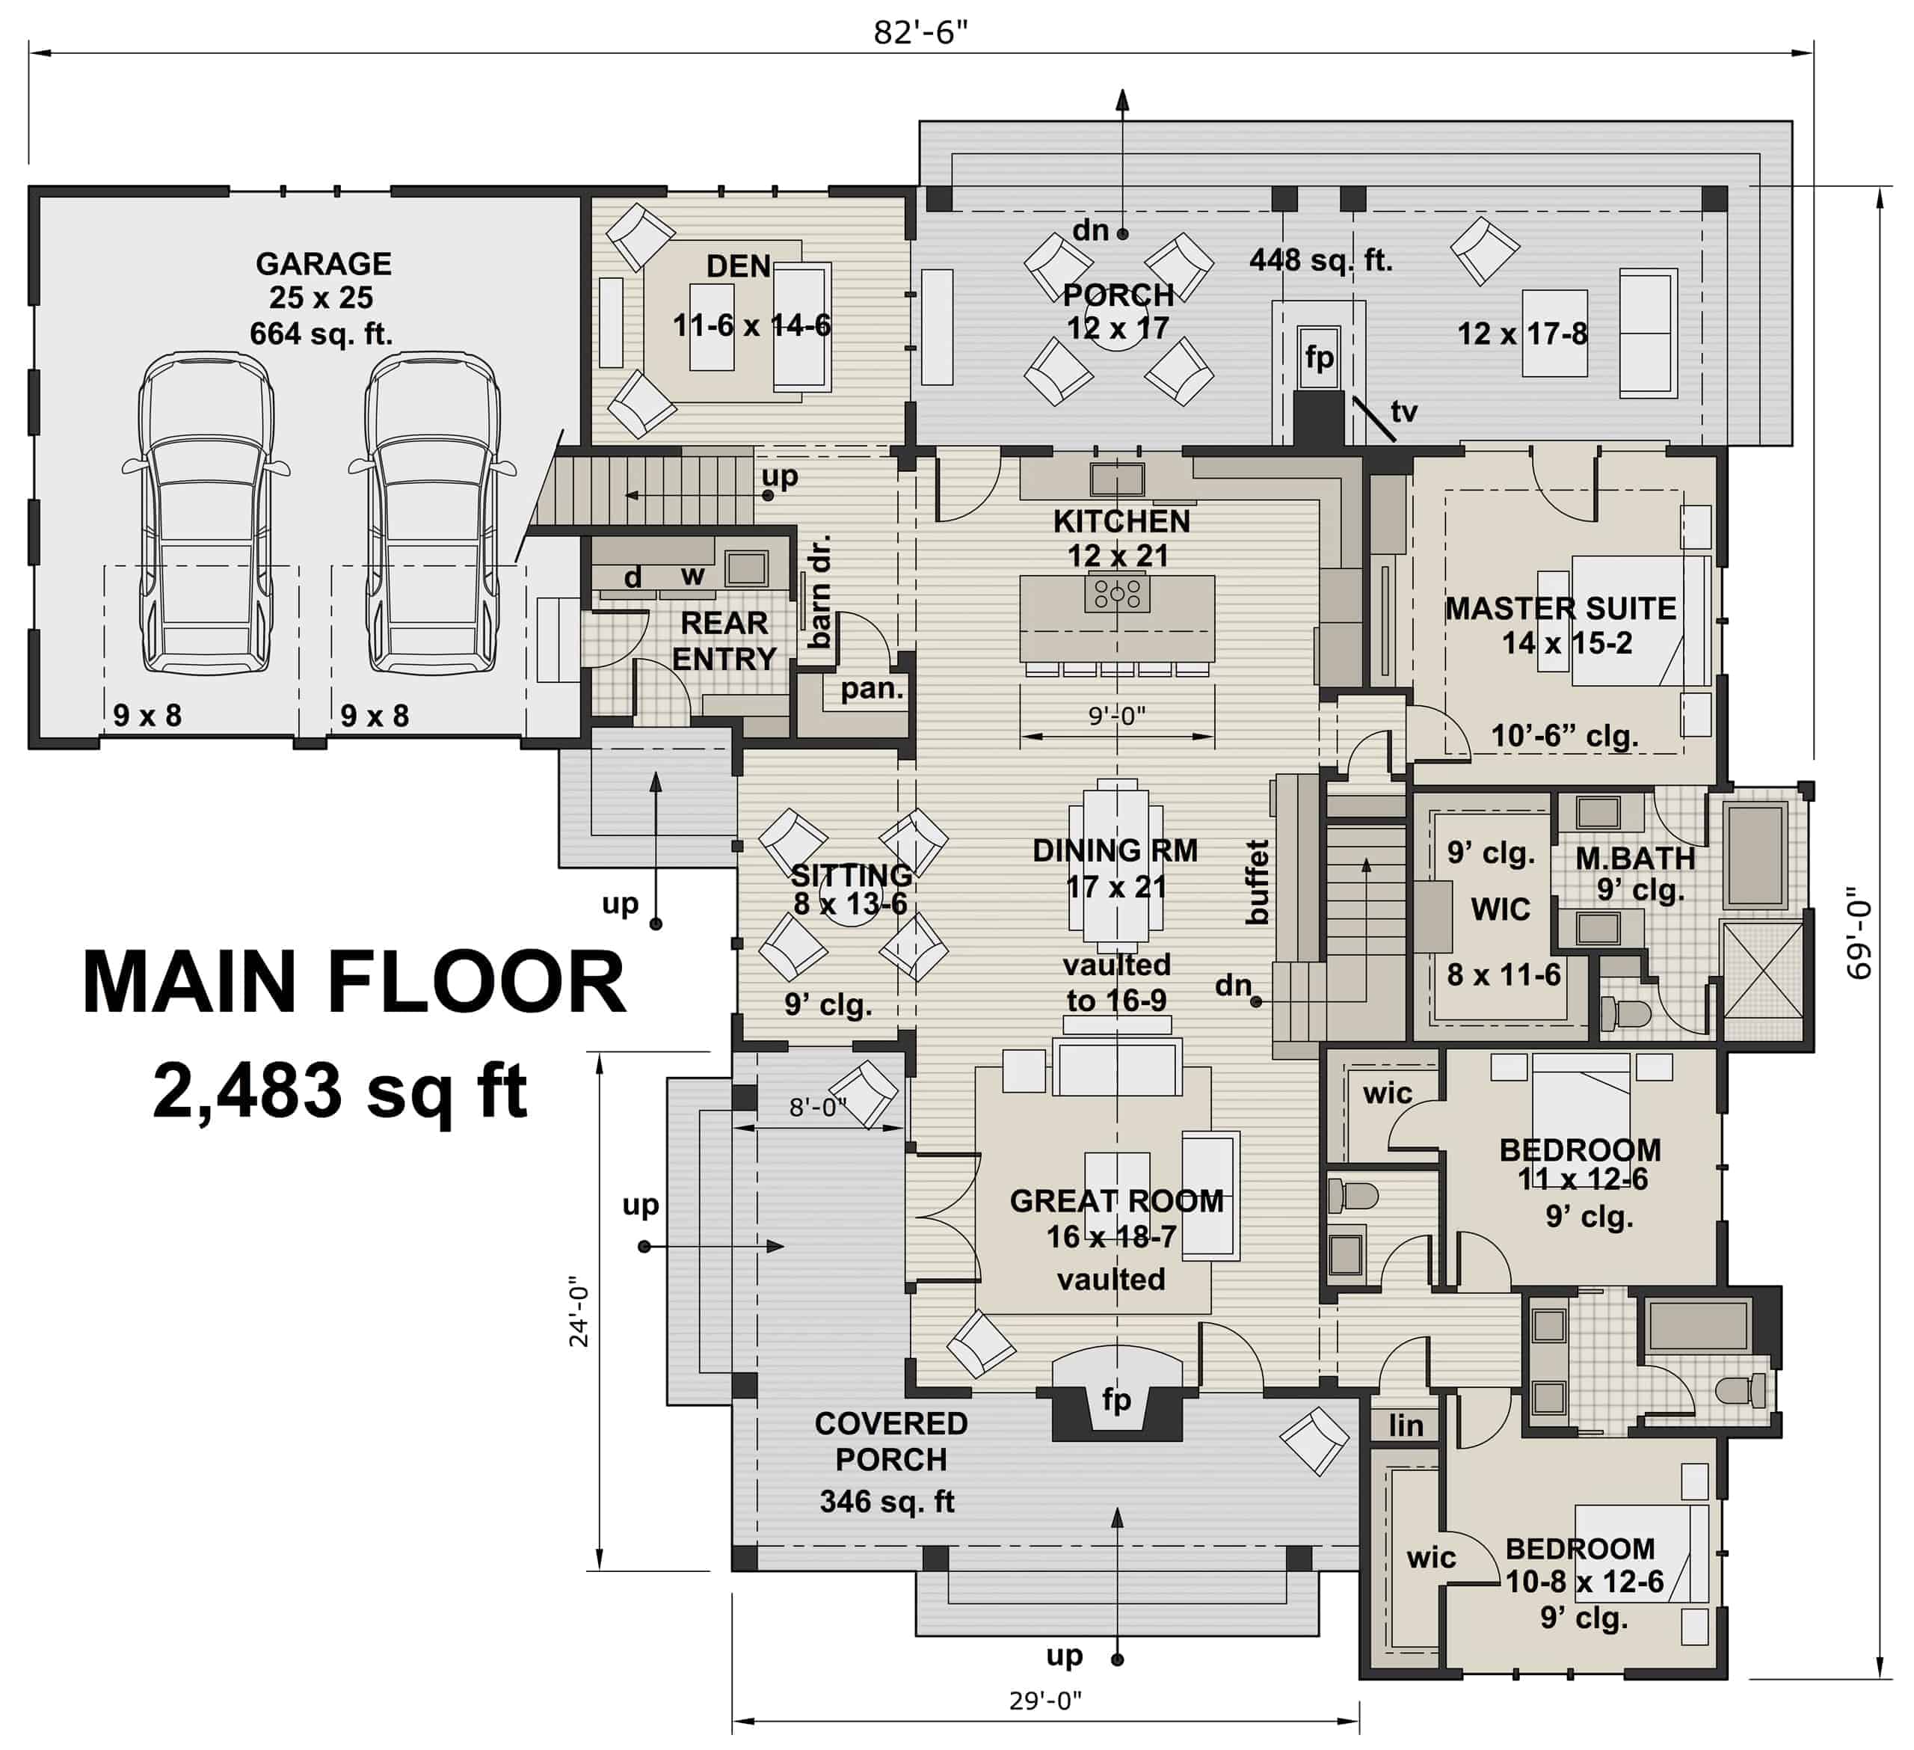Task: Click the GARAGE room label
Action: tap(323, 263)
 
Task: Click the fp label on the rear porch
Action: tap(1319, 358)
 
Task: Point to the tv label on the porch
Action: tap(1403, 411)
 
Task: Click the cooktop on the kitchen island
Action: tap(1118, 594)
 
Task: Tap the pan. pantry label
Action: tap(870, 689)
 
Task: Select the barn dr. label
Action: tap(819, 591)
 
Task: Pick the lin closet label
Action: tap(1405, 1425)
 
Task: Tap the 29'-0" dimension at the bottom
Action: tap(1044, 1700)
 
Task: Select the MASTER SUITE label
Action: tap(1560, 608)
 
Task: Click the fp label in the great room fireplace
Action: tap(1116, 1399)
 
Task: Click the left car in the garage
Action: tap(206, 513)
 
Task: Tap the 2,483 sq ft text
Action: tap(339, 1092)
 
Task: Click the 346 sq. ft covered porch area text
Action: tap(887, 1501)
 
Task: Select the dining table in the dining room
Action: tap(1116, 864)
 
